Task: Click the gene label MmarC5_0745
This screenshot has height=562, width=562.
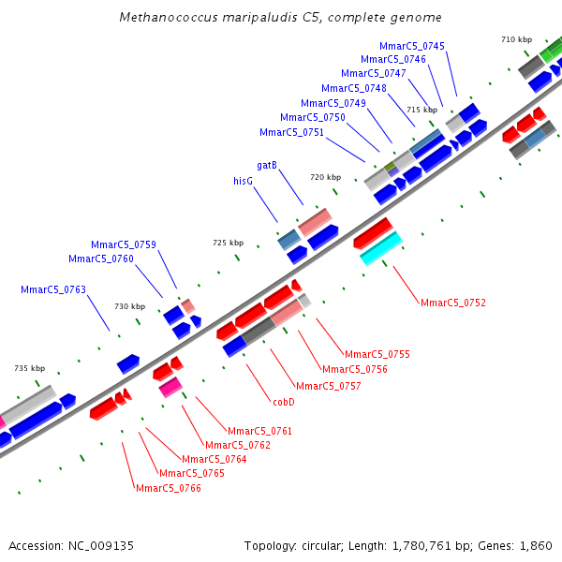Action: (x=412, y=46)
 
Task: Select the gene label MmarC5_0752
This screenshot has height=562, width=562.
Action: (x=453, y=303)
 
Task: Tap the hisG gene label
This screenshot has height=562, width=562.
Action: (x=244, y=181)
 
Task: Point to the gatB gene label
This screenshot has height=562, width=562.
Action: (x=267, y=165)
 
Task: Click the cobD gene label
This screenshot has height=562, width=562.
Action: (x=284, y=402)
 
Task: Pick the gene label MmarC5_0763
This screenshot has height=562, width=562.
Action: (x=53, y=289)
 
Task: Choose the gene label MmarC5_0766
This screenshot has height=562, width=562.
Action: (x=169, y=488)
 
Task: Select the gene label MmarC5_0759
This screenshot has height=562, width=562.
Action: (x=124, y=244)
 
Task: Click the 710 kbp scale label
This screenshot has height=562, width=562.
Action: (x=516, y=39)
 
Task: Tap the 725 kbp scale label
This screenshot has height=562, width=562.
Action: (x=228, y=243)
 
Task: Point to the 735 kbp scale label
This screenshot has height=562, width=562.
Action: (x=29, y=368)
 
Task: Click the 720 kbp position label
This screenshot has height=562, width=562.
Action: (x=326, y=177)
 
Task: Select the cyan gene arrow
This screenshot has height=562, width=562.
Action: (x=381, y=247)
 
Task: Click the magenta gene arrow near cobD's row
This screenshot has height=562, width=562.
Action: (x=170, y=386)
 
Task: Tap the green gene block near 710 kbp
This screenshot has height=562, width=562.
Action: (x=550, y=50)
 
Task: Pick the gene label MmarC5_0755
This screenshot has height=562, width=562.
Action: (x=377, y=354)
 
